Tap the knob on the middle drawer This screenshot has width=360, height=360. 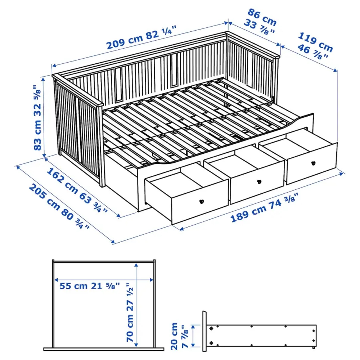pos(258,181)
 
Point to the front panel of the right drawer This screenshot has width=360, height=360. pos(312,164)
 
